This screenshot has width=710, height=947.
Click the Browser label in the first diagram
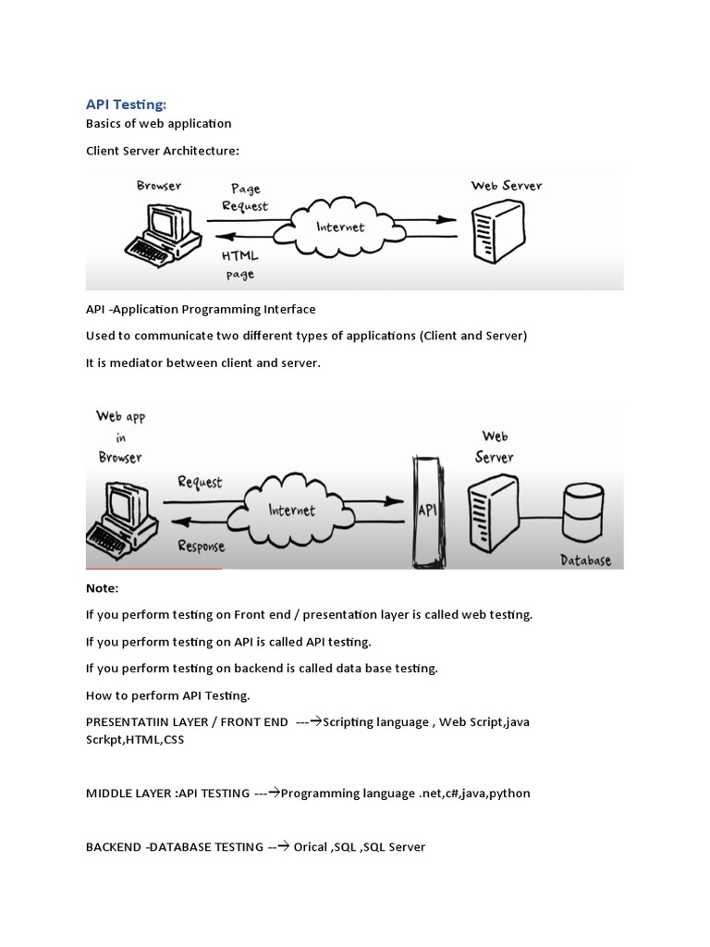(159, 185)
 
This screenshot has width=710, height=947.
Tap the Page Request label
(245, 197)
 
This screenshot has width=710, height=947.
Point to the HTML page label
(240, 264)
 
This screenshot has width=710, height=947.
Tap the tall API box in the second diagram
(426, 508)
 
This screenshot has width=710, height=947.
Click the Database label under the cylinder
(585, 560)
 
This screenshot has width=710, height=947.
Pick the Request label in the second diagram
(200, 482)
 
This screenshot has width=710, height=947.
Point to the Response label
(201, 546)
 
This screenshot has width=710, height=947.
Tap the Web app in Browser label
(120, 437)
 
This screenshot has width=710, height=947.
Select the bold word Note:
(103, 588)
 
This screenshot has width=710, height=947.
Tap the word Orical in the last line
(312, 847)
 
